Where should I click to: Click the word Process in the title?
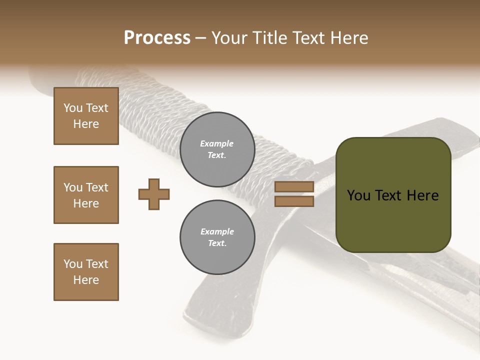coord(157,38)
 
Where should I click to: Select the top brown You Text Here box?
coord(86,116)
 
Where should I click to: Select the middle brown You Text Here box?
coord(86,195)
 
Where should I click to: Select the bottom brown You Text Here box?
coord(86,272)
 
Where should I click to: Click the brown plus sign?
coord(154,194)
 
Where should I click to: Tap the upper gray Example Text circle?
coord(217,149)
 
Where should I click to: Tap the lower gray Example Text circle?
coord(217,237)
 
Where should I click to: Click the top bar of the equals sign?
coord(294,187)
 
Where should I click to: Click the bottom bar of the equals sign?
coord(294,201)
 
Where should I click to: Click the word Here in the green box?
coord(422,195)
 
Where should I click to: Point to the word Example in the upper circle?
coord(217,143)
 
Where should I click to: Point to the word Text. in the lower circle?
coord(217,243)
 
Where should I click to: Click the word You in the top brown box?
coord(72,108)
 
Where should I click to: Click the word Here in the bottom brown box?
coord(86,280)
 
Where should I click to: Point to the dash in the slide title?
coord(200,38)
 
